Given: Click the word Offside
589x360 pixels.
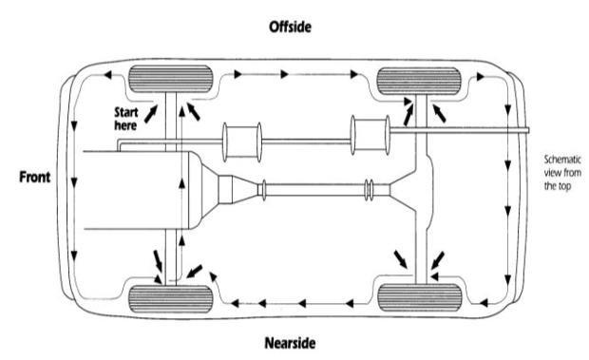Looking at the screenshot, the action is pos(290,27).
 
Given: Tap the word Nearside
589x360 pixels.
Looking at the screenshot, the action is pos(290,343).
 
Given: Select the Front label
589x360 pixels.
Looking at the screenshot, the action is pos(34,177).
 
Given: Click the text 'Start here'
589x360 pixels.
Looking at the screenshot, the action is pos(126,119).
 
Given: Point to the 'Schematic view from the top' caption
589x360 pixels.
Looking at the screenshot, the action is pos(562,173).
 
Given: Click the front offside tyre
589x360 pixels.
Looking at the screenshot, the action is pos(171,79).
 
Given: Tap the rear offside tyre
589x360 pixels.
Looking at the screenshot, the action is pos(418,81).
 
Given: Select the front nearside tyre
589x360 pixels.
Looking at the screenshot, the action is pos(171,299).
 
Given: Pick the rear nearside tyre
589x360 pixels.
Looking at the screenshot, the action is pos(419,297).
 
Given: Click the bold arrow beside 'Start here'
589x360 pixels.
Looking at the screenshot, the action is pos(151,114).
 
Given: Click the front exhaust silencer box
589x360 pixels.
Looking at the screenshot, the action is pos(242,142).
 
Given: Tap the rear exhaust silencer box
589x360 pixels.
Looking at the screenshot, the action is pos(370,135).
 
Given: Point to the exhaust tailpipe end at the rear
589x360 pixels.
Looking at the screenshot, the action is pos(527,130).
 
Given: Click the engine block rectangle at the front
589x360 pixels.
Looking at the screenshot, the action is pos(136,190).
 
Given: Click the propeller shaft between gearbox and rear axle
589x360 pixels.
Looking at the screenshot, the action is pos(314,190).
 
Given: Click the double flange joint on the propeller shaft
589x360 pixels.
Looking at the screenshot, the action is pos(369,190).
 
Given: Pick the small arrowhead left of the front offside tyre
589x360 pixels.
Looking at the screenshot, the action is pos(107,75).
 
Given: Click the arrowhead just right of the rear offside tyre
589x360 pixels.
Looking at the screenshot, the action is pos(480,77).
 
